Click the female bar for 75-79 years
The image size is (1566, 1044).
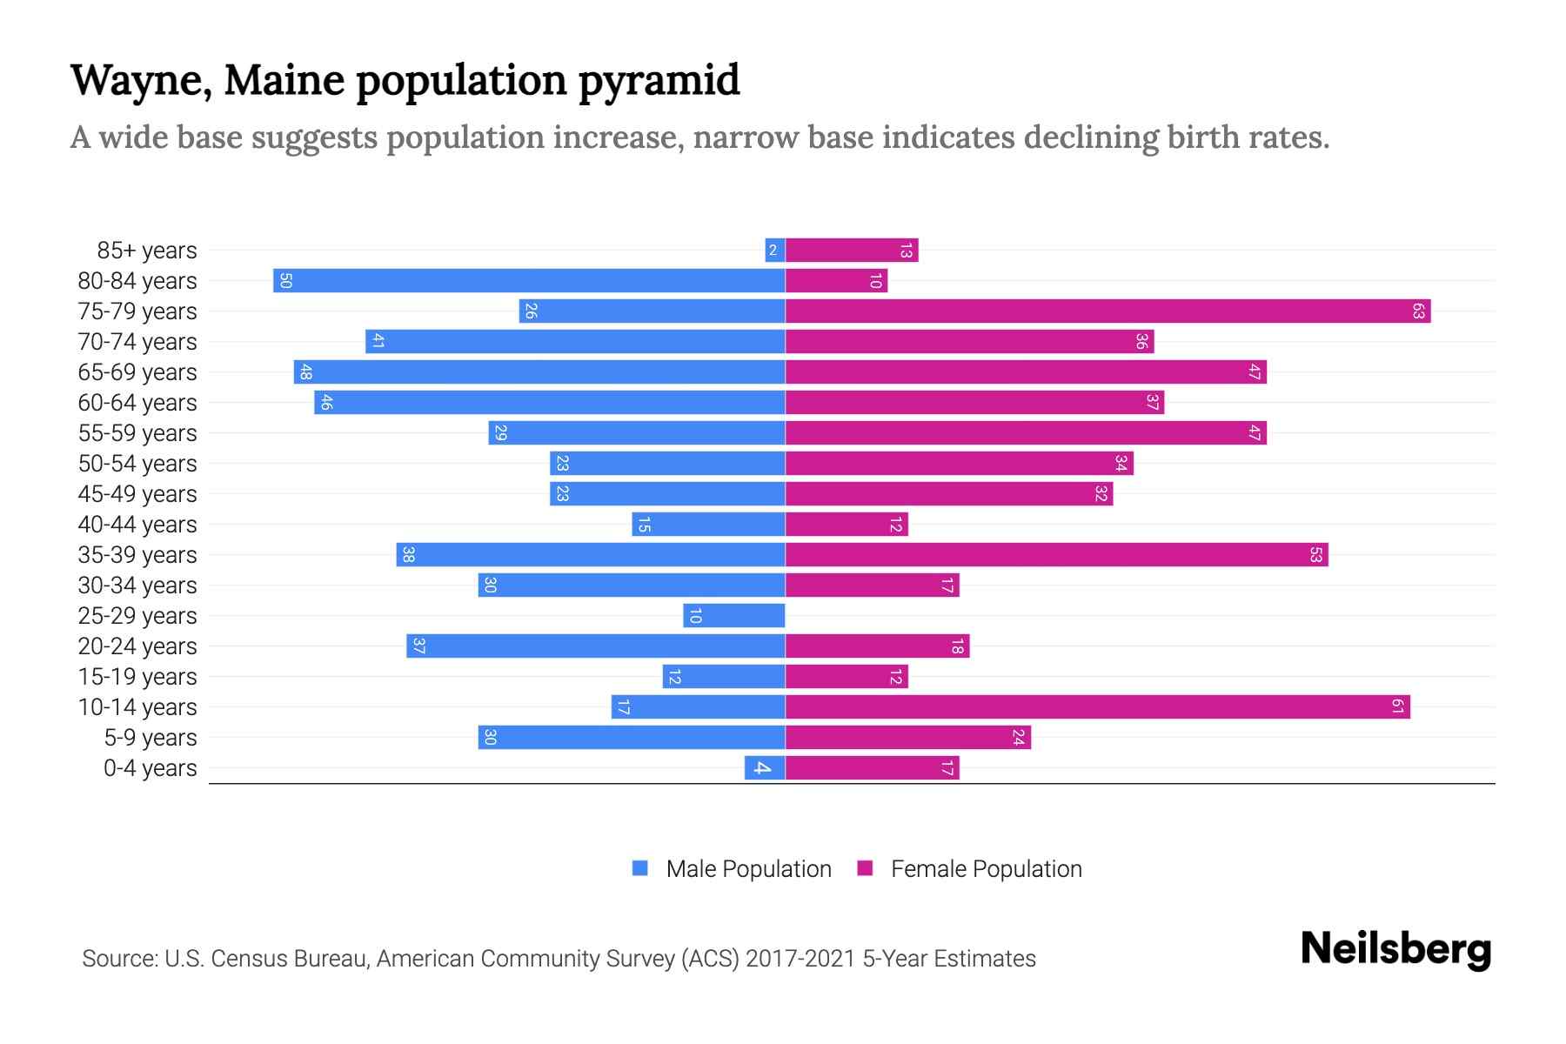(1108, 311)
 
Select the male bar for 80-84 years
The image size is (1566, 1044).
(529, 281)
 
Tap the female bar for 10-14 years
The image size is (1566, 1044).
(1097, 707)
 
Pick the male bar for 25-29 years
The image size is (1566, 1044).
(734, 616)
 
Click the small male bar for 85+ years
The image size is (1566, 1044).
(775, 251)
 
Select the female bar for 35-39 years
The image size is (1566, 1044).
(1056, 555)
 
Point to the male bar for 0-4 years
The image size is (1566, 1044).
(765, 768)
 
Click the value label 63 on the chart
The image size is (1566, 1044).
(1418, 311)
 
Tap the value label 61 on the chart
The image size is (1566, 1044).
(1397, 707)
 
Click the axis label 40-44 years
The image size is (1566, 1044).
(137, 525)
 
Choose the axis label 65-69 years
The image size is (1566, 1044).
(137, 372)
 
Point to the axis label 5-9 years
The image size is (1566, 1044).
(151, 738)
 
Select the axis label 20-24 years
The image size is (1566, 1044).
(137, 646)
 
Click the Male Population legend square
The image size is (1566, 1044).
(640, 868)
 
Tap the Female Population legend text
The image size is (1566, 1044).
(986, 869)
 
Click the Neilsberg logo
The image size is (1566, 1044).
(1395, 949)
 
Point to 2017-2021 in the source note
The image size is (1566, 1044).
(800, 959)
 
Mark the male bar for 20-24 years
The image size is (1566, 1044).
(596, 646)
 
